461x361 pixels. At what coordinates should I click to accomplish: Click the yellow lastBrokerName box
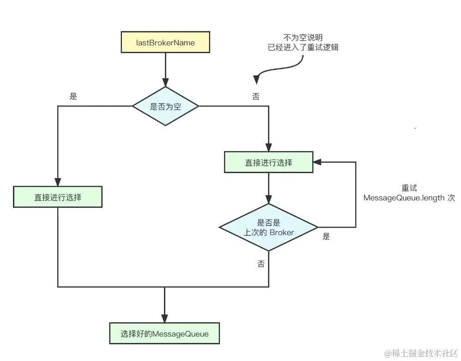tap(165, 43)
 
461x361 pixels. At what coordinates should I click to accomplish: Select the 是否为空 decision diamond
tap(165, 106)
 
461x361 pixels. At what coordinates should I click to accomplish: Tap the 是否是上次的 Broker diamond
tap(268, 227)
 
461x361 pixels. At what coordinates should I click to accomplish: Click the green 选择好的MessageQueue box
tap(164, 333)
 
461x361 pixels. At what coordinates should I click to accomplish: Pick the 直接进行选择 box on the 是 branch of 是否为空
tap(58, 197)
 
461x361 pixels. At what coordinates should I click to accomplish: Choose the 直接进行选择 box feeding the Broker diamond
tap(268, 162)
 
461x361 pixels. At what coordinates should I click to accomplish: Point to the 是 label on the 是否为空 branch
tap(73, 96)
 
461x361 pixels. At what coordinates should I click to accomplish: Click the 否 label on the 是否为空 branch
tap(255, 96)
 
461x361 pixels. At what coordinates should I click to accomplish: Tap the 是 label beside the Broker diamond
tap(326, 237)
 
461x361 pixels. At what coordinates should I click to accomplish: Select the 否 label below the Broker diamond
tap(261, 264)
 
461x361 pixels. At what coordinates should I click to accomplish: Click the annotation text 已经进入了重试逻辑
tap(303, 47)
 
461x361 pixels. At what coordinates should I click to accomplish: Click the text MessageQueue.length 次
tap(409, 198)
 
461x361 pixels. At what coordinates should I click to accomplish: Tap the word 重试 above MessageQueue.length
tap(409, 188)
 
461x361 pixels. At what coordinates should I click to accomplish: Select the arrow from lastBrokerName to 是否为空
tap(165, 69)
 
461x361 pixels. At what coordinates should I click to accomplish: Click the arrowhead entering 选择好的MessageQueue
tap(165, 317)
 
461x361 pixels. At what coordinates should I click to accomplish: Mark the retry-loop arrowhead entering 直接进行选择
tap(317, 162)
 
